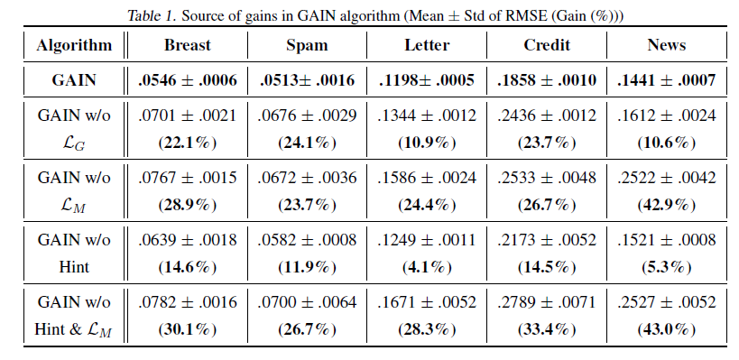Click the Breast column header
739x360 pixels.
pyautogui.click(x=188, y=44)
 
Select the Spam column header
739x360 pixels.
pyautogui.click(x=307, y=44)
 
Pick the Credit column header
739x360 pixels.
pyautogui.click(x=547, y=44)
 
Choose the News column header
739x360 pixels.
pyautogui.click(x=667, y=44)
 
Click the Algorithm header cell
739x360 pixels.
pyautogui.click(x=75, y=44)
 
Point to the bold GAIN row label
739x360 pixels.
pyautogui.click(x=75, y=81)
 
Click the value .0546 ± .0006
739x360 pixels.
pyautogui.click(x=188, y=81)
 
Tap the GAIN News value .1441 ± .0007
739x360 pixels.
pyautogui.click(x=667, y=81)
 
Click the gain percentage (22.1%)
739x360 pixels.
pyautogui.click(x=188, y=143)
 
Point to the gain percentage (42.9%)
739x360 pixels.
pyautogui.click(x=667, y=206)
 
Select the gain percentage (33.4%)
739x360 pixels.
pyautogui.click(x=547, y=331)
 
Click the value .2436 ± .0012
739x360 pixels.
pyautogui.click(x=547, y=115)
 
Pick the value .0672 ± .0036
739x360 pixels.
pyautogui.click(x=307, y=179)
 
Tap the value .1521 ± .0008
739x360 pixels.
pyautogui.click(x=667, y=241)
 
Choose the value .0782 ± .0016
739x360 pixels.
pyautogui.click(x=188, y=304)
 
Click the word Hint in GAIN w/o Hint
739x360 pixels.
pyautogui.click(x=75, y=268)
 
